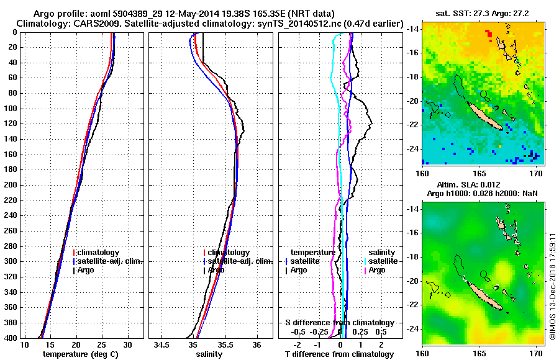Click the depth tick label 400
(11, 338)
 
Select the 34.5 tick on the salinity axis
(163, 344)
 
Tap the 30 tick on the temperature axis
(127, 344)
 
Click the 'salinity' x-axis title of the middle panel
(209, 354)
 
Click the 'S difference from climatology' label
(339, 323)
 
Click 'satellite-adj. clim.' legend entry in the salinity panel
(239, 261)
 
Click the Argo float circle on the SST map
(483, 93)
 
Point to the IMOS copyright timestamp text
(552, 286)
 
